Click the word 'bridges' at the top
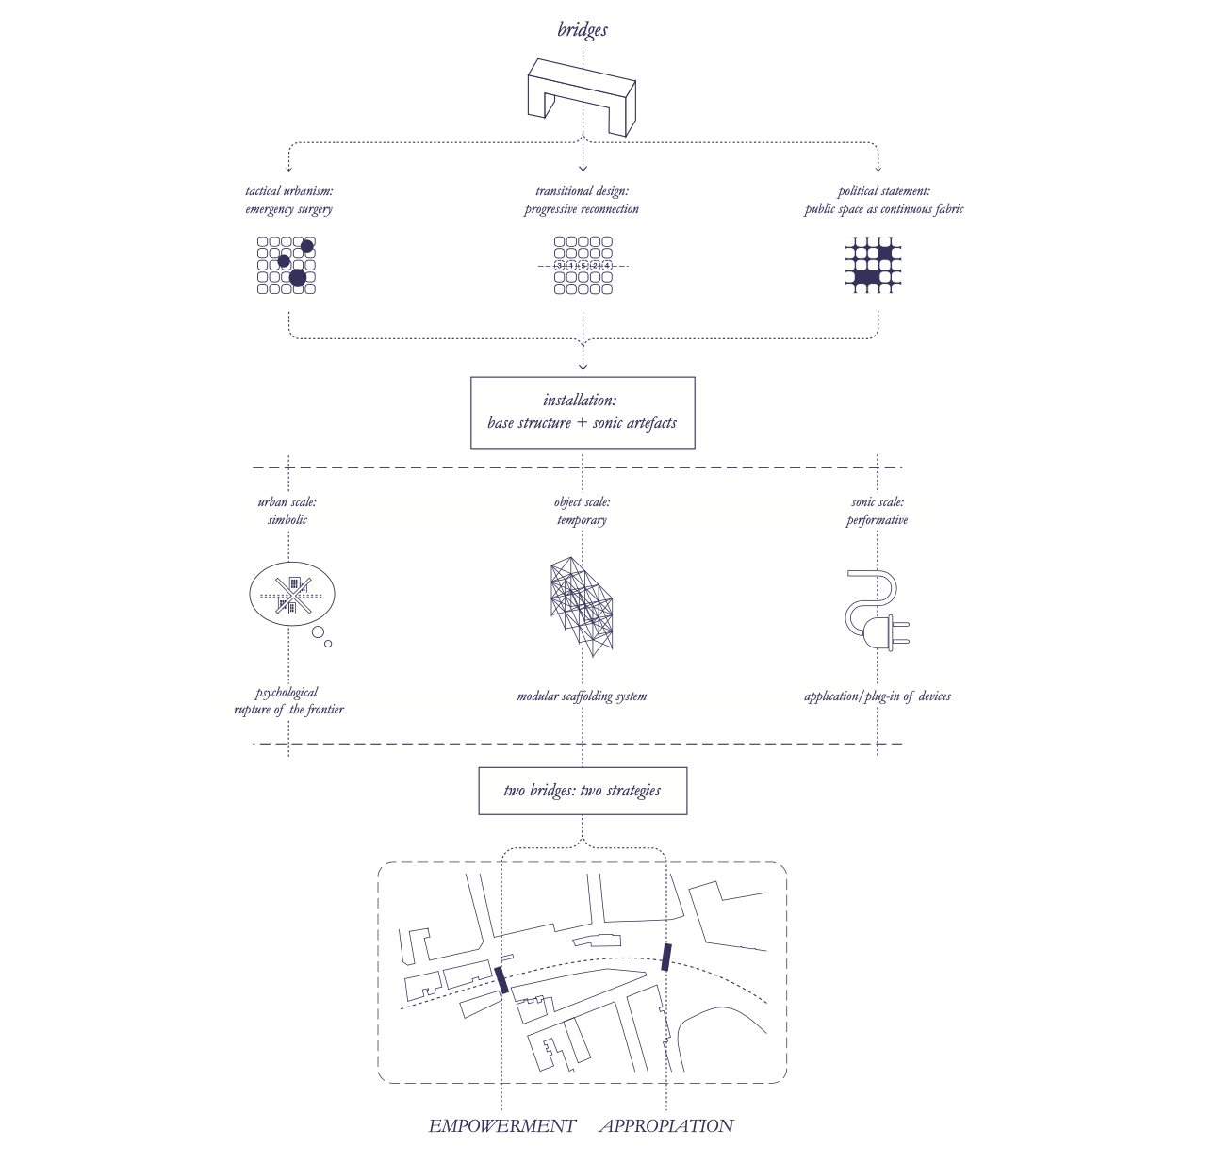[583, 30]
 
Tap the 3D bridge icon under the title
[581, 96]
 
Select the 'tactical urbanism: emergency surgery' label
[288, 200]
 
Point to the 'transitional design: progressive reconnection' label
[582, 200]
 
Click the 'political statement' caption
[883, 200]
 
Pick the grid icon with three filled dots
[287, 265]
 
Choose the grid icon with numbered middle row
[583, 266]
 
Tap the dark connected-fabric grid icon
[874, 265]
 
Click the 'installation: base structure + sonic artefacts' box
[583, 413]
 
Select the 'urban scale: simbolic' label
[287, 511]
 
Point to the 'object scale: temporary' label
[582, 511]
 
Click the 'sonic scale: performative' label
[877, 511]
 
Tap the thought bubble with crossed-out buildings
[292, 595]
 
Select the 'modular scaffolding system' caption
[582, 696]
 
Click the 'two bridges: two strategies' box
[583, 791]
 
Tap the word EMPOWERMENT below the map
[501, 1126]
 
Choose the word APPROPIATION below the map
[666, 1126]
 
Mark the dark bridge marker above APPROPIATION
[666, 957]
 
